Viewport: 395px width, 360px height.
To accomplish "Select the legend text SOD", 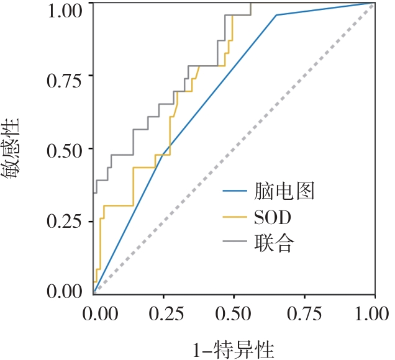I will pos(273,217).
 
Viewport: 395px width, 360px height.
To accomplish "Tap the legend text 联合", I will pos(273,243).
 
